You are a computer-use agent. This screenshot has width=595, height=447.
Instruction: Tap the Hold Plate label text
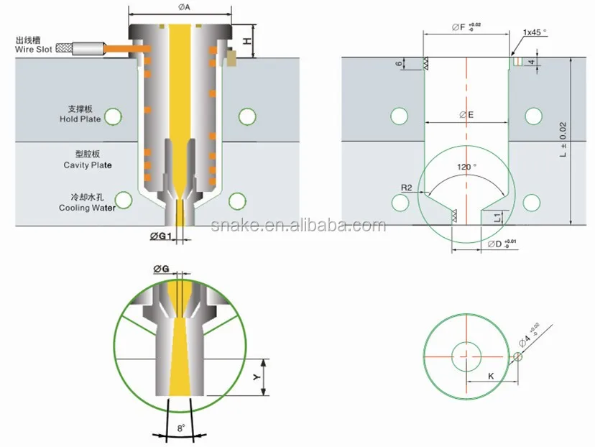click(79, 114)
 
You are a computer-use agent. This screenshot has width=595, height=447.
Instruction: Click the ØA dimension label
click(182, 6)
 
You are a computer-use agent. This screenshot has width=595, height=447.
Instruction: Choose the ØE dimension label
click(466, 114)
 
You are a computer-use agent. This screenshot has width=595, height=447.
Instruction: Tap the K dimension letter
click(491, 376)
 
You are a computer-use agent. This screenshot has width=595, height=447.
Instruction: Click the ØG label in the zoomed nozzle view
click(162, 269)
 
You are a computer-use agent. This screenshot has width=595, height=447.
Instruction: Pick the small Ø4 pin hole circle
click(517, 356)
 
